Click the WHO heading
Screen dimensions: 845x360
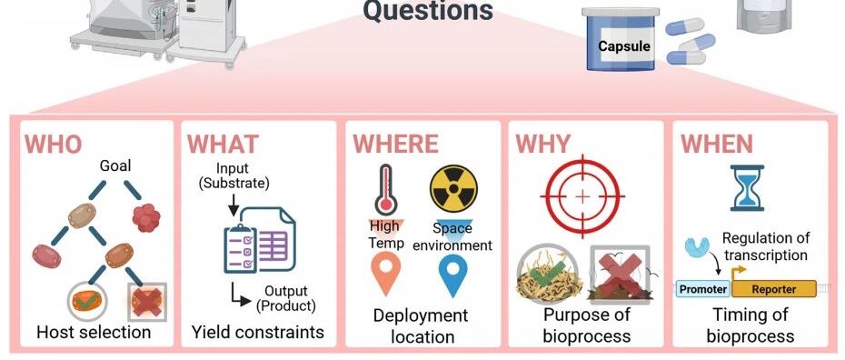[54, 145]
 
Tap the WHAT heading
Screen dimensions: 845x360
[223, 145]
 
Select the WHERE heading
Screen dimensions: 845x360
[395, 145]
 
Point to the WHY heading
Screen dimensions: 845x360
[542, 144]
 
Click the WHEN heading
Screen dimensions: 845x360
[717, 145]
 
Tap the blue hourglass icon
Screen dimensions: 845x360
[747, 188]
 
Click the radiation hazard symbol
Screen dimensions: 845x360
[453, 188]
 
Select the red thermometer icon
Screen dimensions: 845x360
[386, 191]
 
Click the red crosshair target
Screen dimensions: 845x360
[582, 196]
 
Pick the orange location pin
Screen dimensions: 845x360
[386, 272]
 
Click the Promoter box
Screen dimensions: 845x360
[702, 289]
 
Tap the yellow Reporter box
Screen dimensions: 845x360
[773, 289]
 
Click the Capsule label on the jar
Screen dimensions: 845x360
[624, 45]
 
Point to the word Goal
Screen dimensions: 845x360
[114, 166]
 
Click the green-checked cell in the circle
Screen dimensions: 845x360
[86, 301]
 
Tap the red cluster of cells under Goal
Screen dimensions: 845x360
[146, 217]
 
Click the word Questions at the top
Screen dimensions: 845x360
[428, 10]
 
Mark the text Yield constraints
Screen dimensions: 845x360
[258, 332]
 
